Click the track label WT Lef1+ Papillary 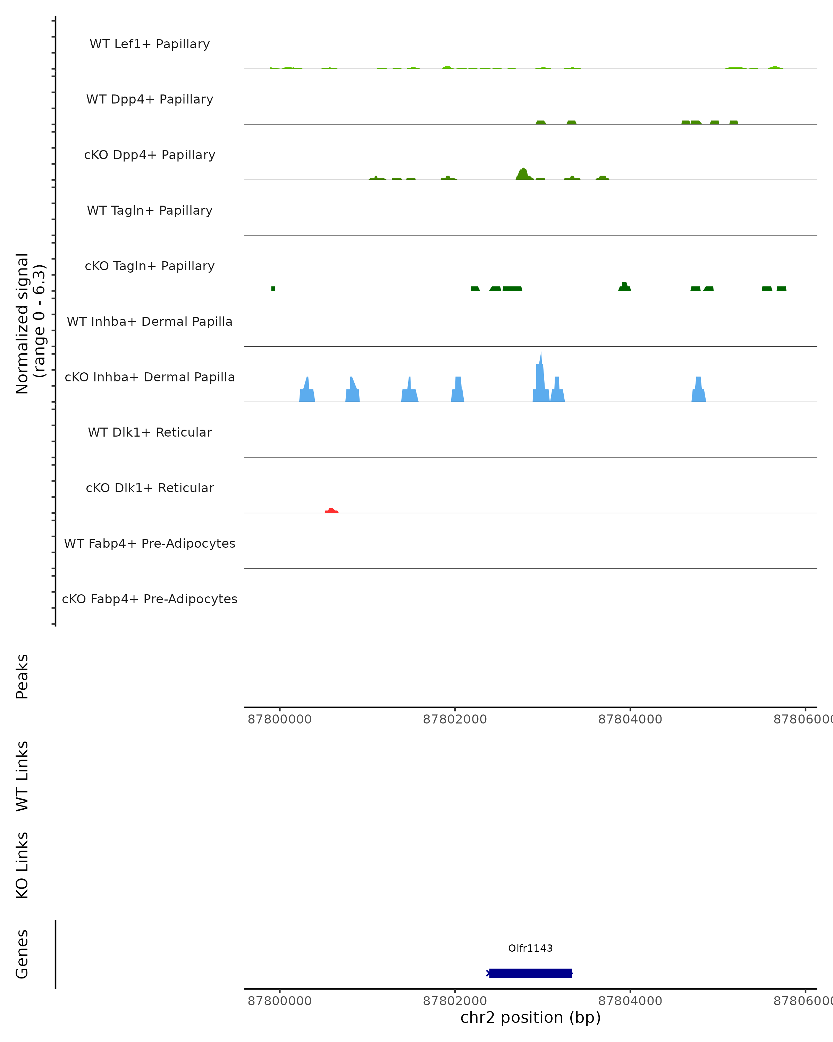pos(150,44)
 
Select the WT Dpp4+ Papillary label pos(150,100)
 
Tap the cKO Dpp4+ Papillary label pos(150,155)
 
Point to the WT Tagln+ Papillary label pos(150,211)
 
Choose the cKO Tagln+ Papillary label pos(150,266)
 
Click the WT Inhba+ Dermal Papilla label pos(150,322)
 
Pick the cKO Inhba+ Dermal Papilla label pos(150,378)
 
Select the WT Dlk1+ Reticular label pos(150,432)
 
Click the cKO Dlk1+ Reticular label pos(150,488)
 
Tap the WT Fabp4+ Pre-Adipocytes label pos(150,544)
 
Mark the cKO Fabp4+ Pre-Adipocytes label pos(150,599)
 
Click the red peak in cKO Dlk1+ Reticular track pos(331,510)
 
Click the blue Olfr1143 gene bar pos(530,973)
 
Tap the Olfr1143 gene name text pos(530,948)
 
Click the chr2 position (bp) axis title pos(530,1017)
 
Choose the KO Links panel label pos(22,865)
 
